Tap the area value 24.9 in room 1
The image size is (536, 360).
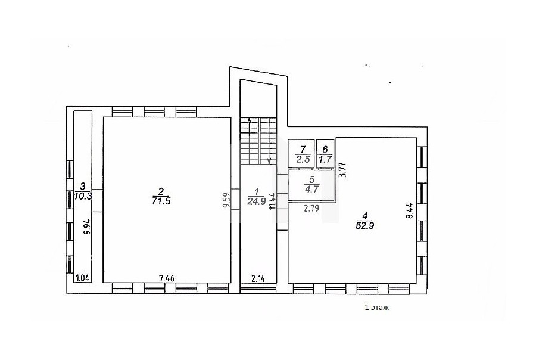coord(256,201)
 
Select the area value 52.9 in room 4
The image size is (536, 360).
coord(364,225)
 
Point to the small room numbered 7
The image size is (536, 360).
coord(301,154)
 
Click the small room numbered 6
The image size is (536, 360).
coord(325,154)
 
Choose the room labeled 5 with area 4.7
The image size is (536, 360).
coord(311,185)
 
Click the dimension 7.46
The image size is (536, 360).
coord(167,278)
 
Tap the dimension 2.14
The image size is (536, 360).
coord(258,278)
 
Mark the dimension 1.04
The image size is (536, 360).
coord(83,278)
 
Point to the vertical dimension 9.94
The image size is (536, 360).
coord(87,226)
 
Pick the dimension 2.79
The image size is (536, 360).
coord(311,208)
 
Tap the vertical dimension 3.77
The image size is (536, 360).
coord(344,169)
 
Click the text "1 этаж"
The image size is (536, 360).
coord(377,308)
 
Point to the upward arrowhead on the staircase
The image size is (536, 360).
coord(249,120)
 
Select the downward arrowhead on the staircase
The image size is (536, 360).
coord(269,160)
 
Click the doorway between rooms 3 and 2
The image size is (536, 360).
coord(98,201)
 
